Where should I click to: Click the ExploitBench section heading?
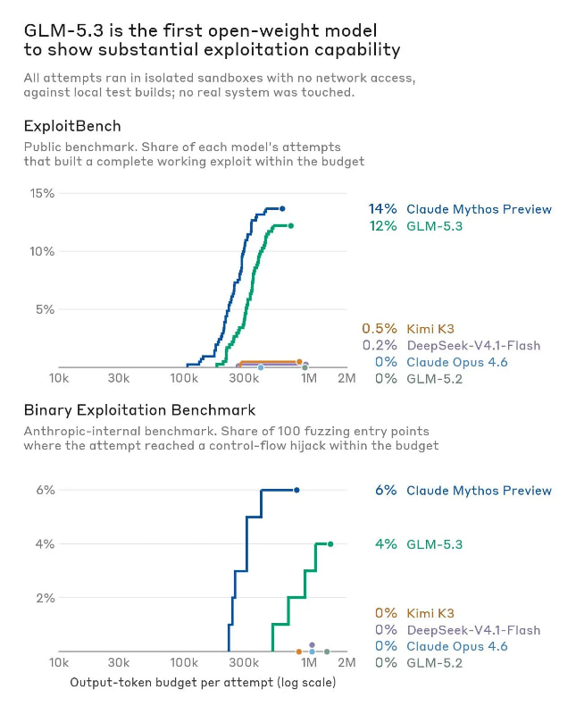coord(72,126)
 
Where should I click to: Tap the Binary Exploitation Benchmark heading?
coord(139,410)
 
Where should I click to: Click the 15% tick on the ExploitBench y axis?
coord(42,193)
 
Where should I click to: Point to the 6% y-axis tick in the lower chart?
coord(46,490)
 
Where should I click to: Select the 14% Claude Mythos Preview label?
coord(460,209)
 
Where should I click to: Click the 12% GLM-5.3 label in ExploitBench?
coord(416,226)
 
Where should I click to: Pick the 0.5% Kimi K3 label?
coord(408,328)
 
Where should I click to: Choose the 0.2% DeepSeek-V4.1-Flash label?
coord(452,345)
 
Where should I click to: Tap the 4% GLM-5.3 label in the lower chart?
coord(419,544)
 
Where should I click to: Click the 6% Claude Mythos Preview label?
coord(463,490)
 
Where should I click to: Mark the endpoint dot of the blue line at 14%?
coord(282,209)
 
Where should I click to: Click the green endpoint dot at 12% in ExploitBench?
coord(291,226)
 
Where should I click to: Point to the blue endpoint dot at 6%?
coord(296,490)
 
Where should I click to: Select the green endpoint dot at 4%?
coord(330,544)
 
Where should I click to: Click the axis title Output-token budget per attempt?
coord(204,682)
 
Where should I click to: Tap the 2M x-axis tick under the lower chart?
coord(346,662)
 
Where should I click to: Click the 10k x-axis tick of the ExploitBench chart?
coord(59,378)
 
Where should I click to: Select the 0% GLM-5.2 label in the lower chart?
coord(419,662)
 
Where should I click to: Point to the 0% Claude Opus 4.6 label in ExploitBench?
coord(441,362)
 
